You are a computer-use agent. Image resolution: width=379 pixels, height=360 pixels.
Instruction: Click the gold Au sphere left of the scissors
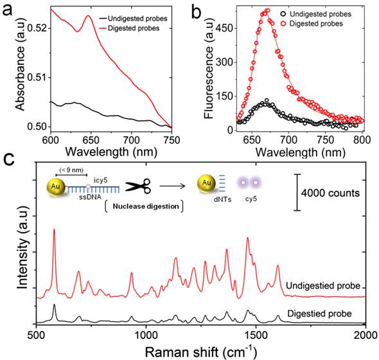point(57,189)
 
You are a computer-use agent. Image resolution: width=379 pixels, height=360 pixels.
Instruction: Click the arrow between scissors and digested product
point(170,188)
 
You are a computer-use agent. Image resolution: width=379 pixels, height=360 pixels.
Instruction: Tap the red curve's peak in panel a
point(88,15)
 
